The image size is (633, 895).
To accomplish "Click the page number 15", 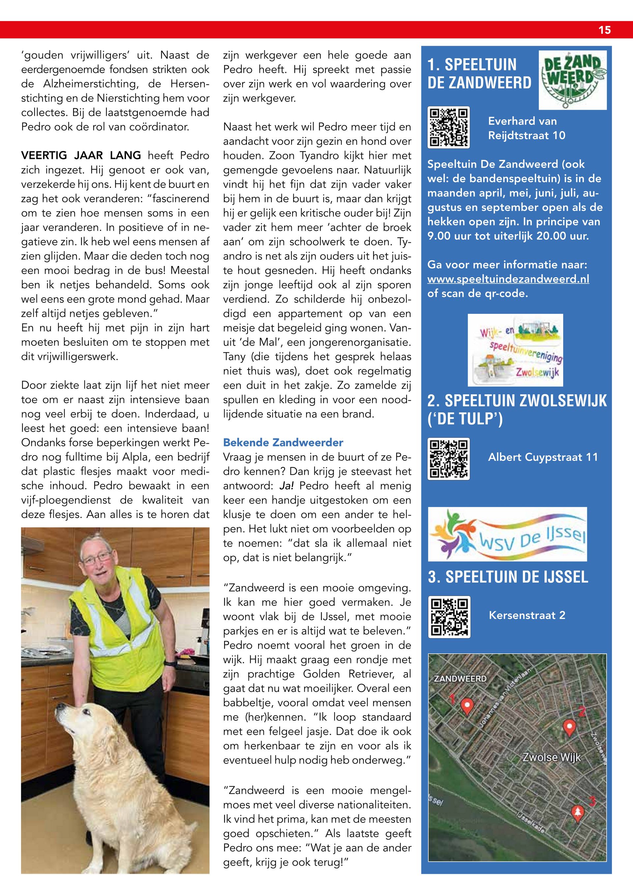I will (x=605, y=30).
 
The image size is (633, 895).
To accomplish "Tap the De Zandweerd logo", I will (x=572, y=80).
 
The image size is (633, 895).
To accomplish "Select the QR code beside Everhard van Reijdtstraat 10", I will (x=449, y=128).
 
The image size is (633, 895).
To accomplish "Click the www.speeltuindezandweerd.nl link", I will (x=508, y=279).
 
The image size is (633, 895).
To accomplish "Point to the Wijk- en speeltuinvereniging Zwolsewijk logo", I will (x=515, y=350).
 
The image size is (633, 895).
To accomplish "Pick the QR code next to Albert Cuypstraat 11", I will (x=449, y=459).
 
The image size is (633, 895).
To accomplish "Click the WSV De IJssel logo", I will (x=507, y=534).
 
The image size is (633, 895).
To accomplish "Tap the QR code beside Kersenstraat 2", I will (x=449, y=617).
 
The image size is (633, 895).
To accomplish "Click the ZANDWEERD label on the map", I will (x=460, y=679).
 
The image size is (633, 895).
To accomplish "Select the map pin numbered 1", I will (x=467, y=705).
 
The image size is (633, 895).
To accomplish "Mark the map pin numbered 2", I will (x=569, y=727).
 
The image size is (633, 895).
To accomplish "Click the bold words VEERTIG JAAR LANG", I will (x=81, y=156).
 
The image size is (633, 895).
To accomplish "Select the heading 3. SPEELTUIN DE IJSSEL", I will (x=508, y=577).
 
